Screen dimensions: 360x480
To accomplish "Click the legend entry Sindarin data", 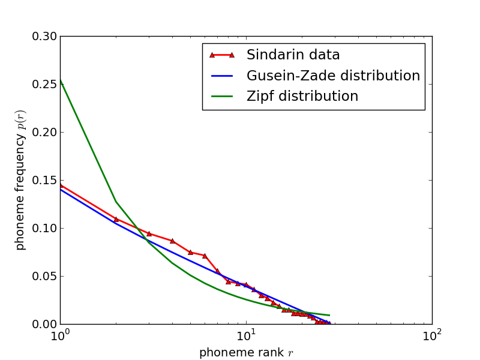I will (293, 55).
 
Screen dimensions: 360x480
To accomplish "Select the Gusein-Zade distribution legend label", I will (333, 76).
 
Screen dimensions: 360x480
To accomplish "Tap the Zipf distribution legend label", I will (302, 97).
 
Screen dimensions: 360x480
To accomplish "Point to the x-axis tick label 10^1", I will (246, 335).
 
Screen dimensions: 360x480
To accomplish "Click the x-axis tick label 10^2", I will (432, 335).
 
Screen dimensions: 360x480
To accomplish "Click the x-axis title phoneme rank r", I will (246, 353).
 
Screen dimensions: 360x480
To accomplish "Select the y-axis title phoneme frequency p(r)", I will (20, 180).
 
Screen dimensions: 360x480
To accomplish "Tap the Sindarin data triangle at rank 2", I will (116, 219).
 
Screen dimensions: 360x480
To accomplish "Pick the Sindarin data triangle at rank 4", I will (172, 241).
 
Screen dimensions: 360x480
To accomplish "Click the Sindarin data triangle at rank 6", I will (205, 256).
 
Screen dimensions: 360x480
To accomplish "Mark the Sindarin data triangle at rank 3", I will (149, 233).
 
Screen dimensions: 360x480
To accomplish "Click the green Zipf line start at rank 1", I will (61, 80).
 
